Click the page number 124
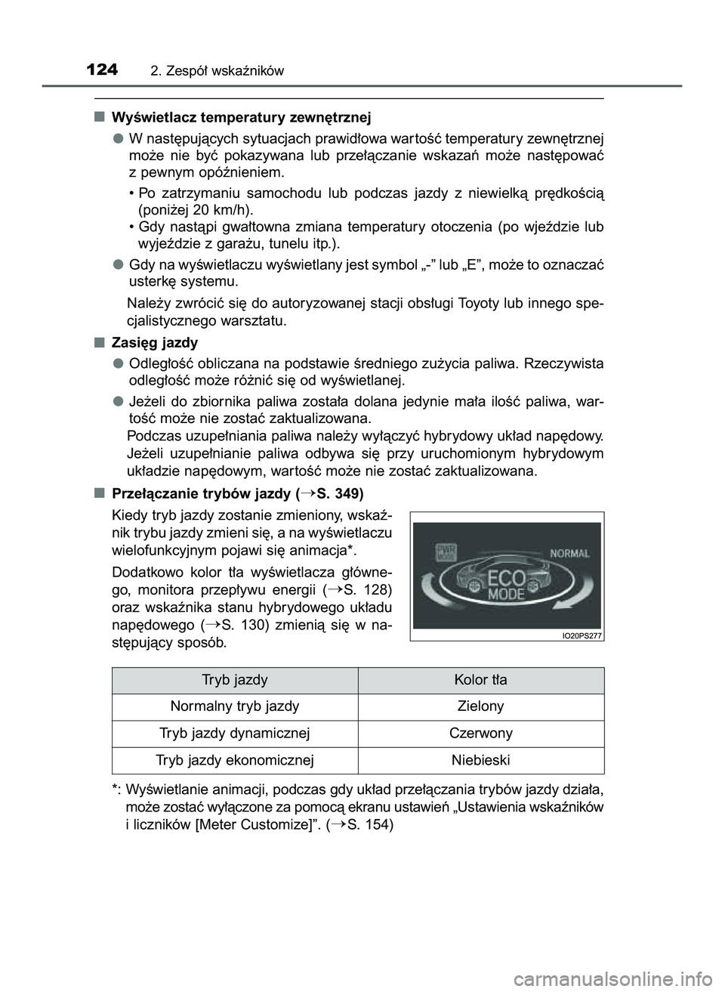point(102,70)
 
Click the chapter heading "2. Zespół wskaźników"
point(217,72)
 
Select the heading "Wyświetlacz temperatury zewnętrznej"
point(241,118)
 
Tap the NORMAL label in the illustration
point(569,553)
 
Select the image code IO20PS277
point(582,635)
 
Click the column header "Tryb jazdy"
point(234,680)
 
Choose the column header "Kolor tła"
point(480,680)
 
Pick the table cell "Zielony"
point(480,706)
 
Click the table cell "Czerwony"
point(480,733)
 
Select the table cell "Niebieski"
point(480,760)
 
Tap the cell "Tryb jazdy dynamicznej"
point(234,733)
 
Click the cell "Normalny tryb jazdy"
point(234,706)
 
